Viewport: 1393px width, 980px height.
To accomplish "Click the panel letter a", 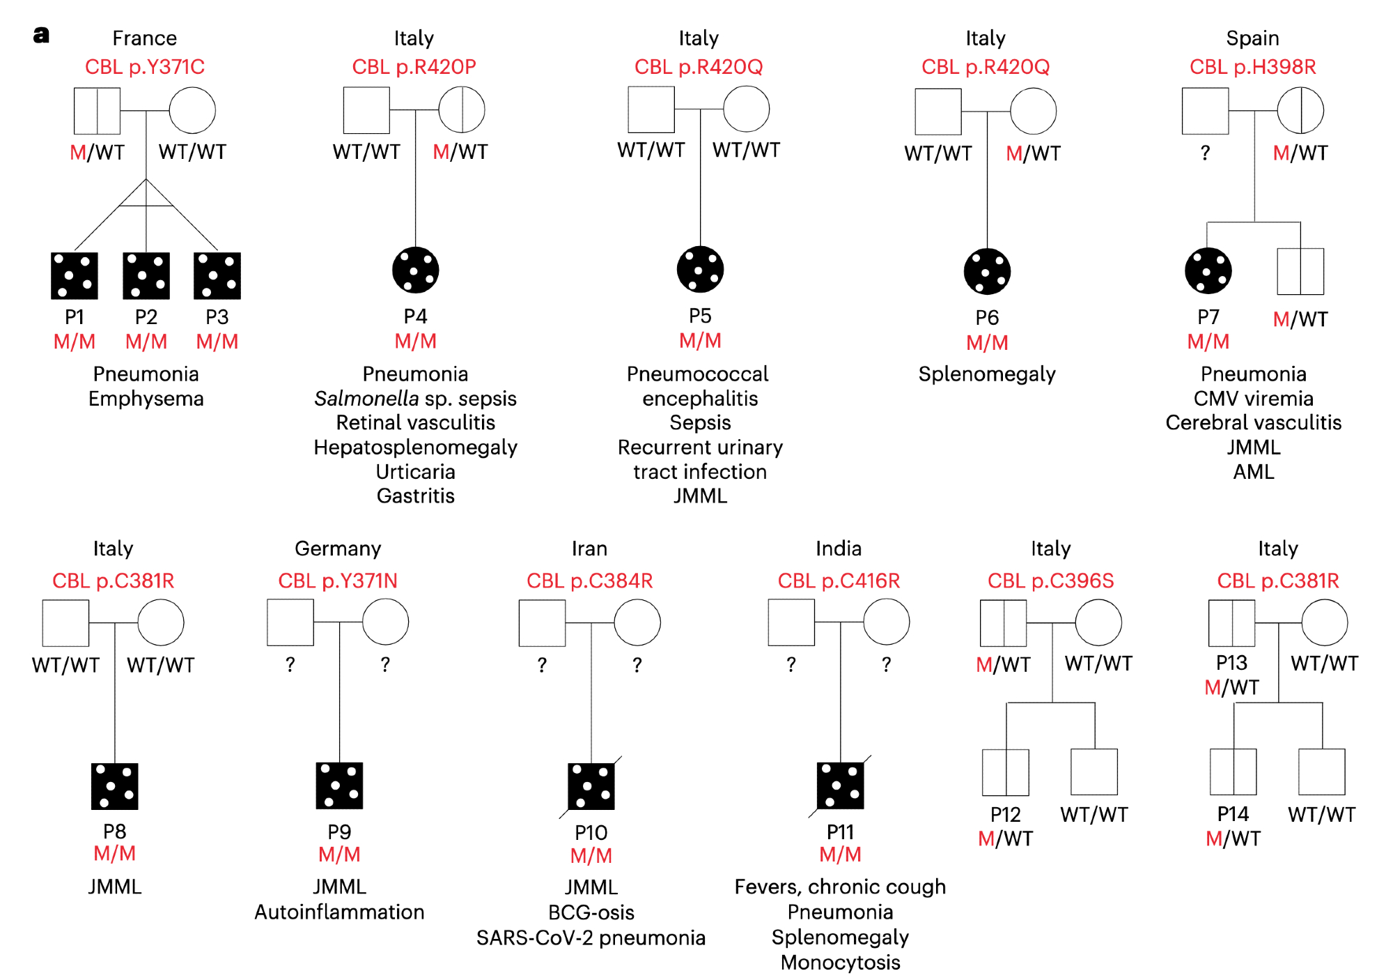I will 41,35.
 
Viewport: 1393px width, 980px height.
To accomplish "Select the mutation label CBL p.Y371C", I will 145,67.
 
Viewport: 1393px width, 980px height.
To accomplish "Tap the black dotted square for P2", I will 146,275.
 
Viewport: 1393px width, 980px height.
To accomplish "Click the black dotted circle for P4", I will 416,270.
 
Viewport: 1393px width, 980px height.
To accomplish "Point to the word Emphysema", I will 146,399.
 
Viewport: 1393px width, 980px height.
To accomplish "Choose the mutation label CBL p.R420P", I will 414,67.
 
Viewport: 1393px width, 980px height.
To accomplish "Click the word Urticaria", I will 416,472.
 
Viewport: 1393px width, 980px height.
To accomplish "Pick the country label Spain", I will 1252,38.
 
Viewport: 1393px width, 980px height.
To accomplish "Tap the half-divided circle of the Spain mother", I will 1300,110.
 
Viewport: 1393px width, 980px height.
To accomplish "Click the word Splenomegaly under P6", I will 987,374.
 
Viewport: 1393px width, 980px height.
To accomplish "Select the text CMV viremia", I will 1254,399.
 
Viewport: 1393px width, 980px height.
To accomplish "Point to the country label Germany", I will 338,549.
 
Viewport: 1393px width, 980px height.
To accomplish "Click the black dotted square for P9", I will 339,786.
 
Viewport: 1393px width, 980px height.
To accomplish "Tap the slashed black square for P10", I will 591,786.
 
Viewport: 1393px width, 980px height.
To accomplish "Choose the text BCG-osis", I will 591,912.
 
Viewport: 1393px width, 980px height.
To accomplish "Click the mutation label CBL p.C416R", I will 839,581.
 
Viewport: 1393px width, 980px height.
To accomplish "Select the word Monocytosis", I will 840,963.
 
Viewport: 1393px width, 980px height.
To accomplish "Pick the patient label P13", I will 1231,662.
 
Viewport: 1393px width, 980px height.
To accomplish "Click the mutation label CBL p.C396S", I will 1050,581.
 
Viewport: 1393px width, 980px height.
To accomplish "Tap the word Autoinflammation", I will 339,912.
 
